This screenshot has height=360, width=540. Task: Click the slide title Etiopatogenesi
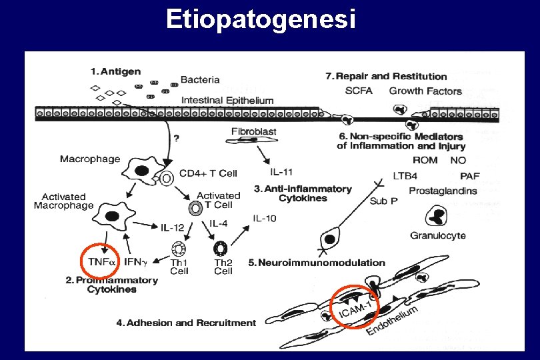point(261,20)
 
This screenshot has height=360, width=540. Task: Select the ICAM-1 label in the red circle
point(357,308)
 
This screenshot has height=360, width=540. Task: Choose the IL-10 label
point(264,219)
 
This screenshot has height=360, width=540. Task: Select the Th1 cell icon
point(179,249)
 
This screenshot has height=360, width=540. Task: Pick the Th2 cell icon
point(221,249)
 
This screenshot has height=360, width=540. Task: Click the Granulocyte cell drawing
point(436,217)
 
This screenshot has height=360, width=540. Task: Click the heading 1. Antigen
point(116,71)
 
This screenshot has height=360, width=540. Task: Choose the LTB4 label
point(406,176)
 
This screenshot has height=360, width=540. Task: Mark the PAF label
point(469,176)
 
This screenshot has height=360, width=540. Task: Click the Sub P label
point(383,201)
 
